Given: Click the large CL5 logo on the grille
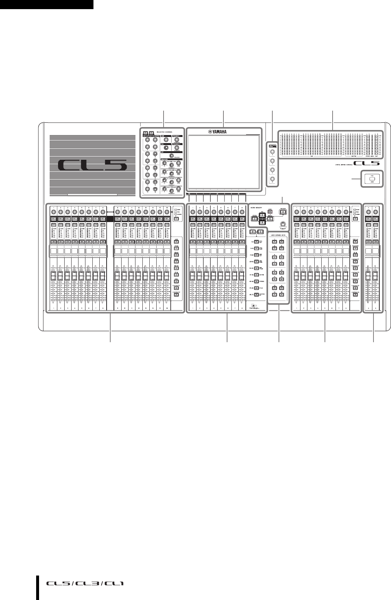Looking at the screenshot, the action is tap(94, 166).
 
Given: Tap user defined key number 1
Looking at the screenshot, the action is tap(274, 242).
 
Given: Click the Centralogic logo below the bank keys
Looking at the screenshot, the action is tap(257, 307).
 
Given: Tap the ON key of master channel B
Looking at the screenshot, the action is tap(376, 242).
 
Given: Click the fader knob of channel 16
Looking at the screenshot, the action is tap(166, 275).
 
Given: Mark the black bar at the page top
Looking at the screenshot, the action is tap(47, 4).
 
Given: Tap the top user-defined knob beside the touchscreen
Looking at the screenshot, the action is tap(271, 152).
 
